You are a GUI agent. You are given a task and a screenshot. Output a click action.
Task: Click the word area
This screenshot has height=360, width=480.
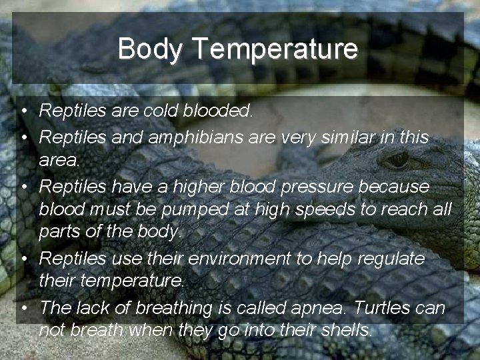click(x=59, y=161)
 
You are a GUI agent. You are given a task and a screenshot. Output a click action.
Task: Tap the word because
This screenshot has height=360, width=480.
click(x=394, y=187)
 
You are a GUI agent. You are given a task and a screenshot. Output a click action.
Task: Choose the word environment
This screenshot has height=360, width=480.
click(x=242, y=259)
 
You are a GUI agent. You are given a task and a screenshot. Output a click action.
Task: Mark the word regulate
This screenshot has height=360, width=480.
click(x=389, y=259)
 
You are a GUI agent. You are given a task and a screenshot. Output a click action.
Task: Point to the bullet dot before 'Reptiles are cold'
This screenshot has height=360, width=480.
click(x=23, y=111)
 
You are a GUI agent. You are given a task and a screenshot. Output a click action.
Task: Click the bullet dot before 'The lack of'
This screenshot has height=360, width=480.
click(x=23, y=308)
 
